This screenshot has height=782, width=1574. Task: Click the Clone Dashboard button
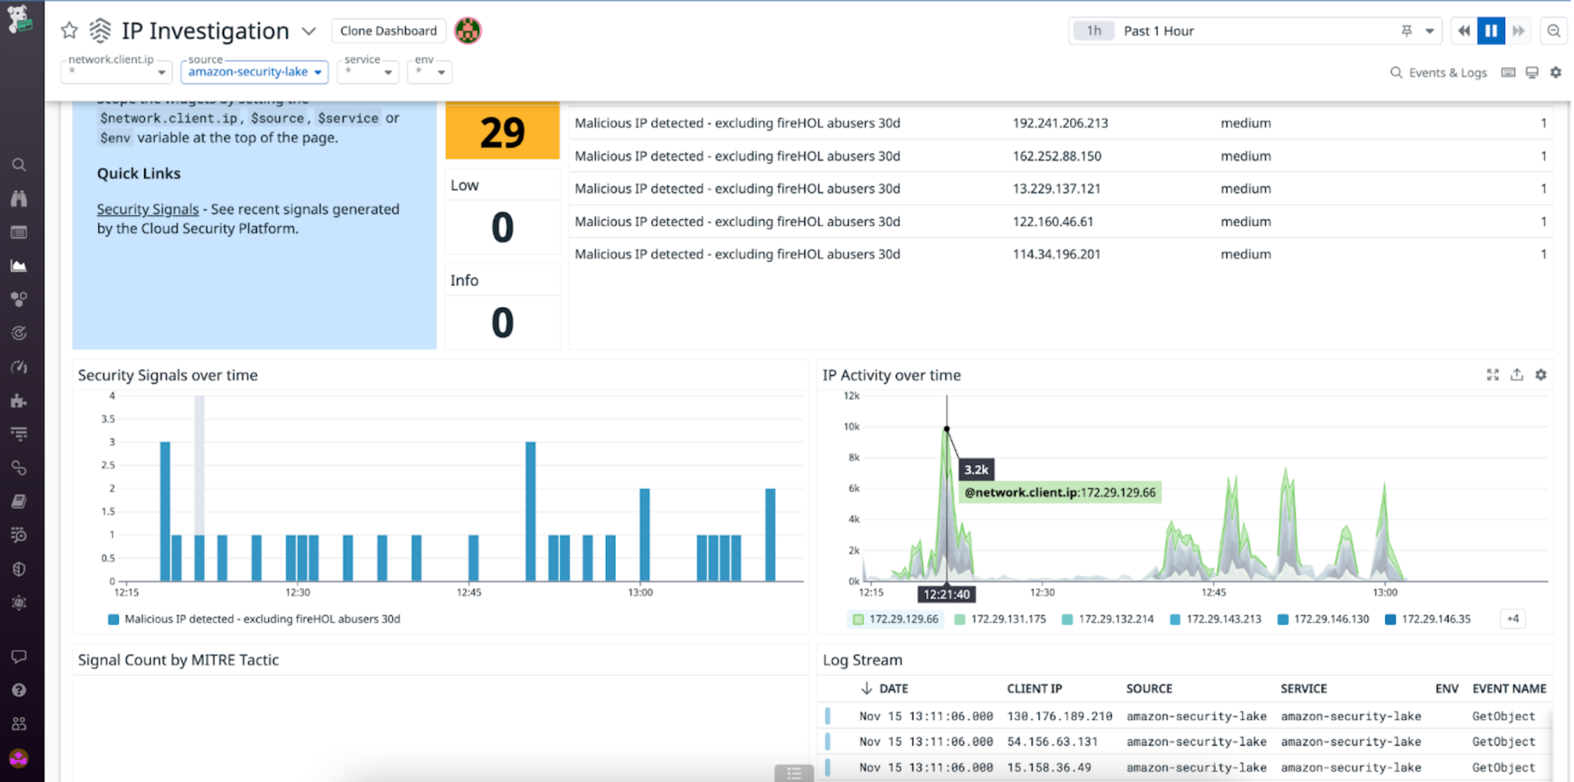point(388,31)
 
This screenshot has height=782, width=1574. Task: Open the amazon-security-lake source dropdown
point(254,72)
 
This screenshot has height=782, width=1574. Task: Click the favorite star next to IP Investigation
point(70,30)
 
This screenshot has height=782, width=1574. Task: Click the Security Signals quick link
point(147,209)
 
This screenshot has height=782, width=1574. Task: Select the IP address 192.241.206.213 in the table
point(1060,123)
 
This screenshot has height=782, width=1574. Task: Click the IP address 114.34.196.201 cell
point(1056,254)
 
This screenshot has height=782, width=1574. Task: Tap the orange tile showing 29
point(502,131)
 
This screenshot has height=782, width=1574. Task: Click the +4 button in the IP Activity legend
point(1512,619)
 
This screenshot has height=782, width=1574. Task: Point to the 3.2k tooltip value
point(976,470)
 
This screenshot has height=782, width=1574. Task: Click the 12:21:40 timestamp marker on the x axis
point(946,594)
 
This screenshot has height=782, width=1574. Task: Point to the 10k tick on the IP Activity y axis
point(851,426)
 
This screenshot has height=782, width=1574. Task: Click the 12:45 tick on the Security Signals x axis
point(469,592)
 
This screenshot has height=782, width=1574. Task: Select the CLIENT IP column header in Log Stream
point(1034,689)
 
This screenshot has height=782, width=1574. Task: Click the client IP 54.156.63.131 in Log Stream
point(1052,741)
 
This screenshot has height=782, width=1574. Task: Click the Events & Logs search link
point(1439,72)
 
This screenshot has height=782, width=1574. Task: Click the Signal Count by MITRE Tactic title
point(178,660)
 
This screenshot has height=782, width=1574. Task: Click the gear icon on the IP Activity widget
point(1541,375)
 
